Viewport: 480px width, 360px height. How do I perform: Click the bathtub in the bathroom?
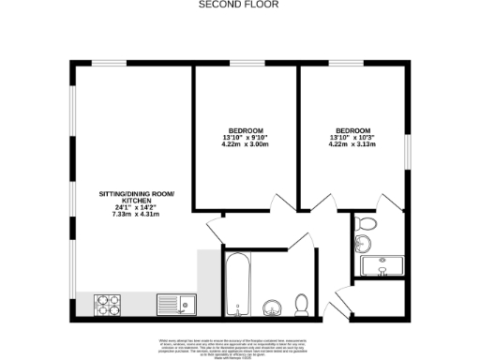point(238,282)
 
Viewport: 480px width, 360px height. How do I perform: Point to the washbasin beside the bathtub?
point(272,306)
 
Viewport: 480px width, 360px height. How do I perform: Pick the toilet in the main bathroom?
point(302,304)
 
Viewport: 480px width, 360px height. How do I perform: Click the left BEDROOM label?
point(246,129)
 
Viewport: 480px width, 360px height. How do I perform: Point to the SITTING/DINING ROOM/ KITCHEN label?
point(138,198)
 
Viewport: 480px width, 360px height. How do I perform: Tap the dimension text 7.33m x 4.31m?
point(137,215)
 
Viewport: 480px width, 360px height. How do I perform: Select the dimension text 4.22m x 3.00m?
point(246,144)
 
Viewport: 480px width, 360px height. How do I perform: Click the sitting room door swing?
point(215,225)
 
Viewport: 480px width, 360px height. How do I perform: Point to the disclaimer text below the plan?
point(240,344)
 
